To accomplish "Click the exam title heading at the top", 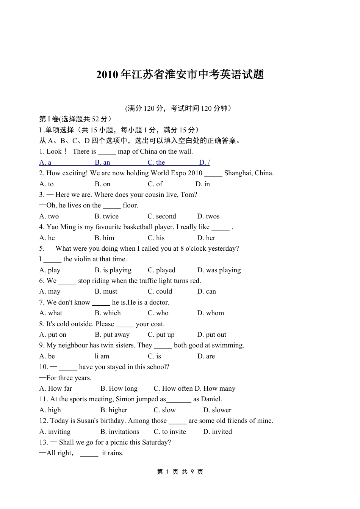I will [180, 75].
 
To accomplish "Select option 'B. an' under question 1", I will [102, 162].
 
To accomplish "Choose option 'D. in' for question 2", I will [203, 184].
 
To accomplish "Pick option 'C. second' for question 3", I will [162, 216].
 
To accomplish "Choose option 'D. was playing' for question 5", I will [219, 270].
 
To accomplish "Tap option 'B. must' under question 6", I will [106, 291].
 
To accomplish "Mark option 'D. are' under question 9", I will [206, 356].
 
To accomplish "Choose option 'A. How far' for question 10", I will [56, 388].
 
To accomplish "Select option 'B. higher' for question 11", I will [114, 410].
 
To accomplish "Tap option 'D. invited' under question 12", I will [218, 432].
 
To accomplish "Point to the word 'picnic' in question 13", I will [120, 442].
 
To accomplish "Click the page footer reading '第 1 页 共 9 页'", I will [180, 472].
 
